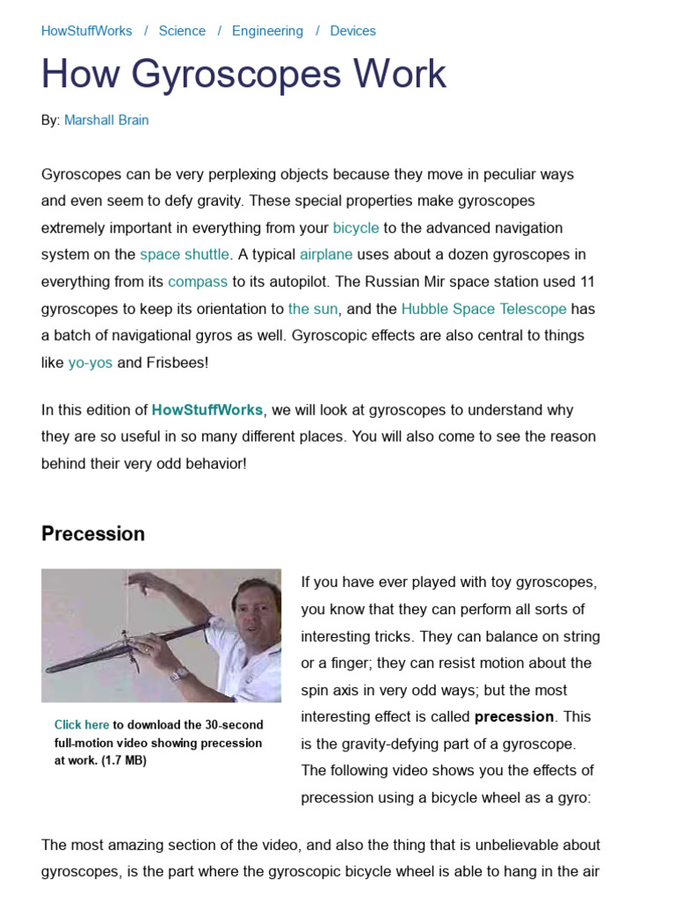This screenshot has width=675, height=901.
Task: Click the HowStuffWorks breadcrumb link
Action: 86,31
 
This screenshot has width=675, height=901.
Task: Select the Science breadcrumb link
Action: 182,31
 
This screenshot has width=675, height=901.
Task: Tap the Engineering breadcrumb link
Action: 267,31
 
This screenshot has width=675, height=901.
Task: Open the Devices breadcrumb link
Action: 352,31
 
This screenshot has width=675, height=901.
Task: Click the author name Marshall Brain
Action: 106,120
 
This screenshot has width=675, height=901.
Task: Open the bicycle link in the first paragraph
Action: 356,228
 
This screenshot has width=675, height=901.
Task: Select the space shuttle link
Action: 185,254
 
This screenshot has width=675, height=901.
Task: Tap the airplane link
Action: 326,254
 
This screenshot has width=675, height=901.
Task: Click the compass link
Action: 198,282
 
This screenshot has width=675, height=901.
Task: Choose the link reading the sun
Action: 313,309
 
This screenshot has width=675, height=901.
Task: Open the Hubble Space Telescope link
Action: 483,309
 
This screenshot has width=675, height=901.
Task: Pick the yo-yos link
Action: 91,363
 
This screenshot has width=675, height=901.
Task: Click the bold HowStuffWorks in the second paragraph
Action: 207,410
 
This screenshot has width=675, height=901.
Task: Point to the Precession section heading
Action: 93,534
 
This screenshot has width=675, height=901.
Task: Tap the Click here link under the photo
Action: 82,725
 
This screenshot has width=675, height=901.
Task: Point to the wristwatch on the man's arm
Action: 180,673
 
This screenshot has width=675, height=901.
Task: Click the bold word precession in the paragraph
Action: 514,716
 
